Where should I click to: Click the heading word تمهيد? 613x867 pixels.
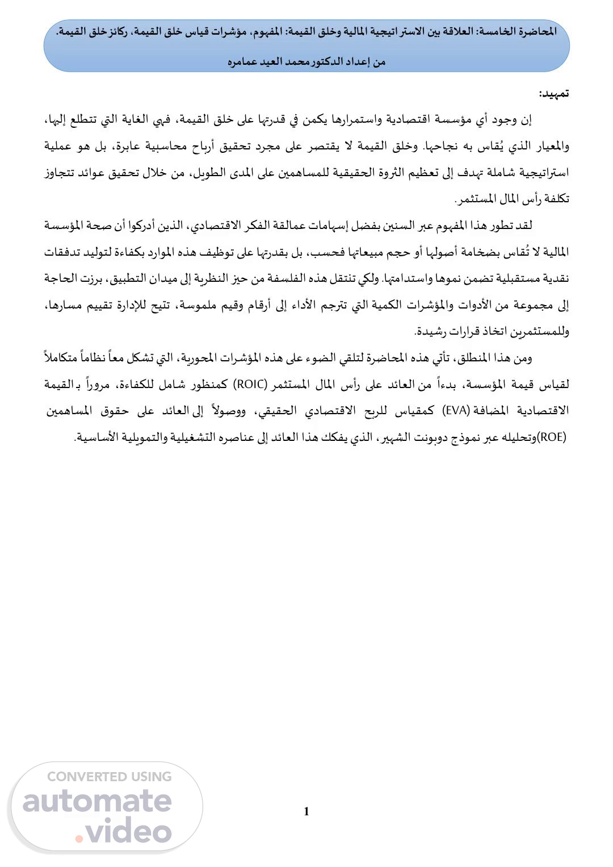(553, 94)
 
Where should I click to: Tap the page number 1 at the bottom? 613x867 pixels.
(306, 811)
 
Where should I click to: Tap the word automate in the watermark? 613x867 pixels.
(97, 802)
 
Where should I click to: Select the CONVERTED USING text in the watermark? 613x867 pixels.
(109, 777)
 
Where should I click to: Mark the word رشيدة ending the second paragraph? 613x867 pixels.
(433, 331)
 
